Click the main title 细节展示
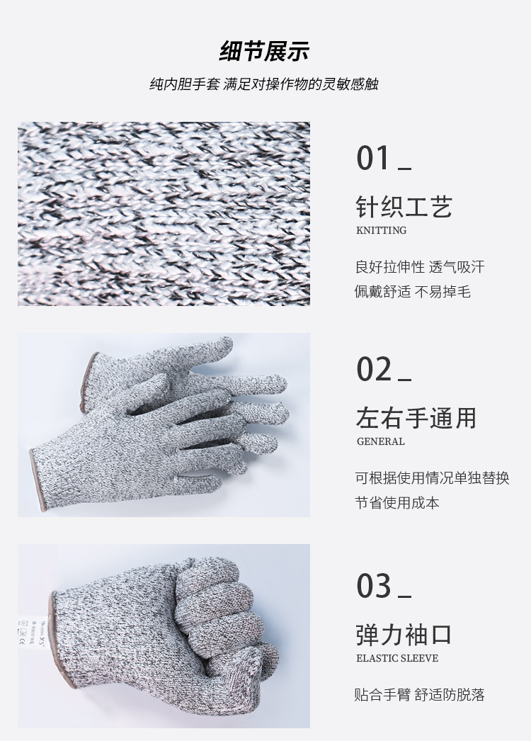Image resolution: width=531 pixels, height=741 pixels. [264, 52]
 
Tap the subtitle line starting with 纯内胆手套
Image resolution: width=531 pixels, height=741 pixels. [264, 84]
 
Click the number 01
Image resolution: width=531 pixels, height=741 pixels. [374, 158]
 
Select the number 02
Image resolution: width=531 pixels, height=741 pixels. [374, 369]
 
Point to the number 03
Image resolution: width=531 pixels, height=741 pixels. [374, 586]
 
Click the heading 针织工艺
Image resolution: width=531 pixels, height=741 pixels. [404, 207]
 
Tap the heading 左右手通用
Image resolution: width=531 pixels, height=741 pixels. [416, 418]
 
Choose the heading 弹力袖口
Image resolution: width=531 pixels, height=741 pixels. [404, 635]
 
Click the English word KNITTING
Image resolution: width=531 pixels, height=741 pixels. [381, 230]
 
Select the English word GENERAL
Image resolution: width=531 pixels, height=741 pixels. [380, 441]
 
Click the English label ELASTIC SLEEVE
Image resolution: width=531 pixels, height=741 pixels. [396, 658]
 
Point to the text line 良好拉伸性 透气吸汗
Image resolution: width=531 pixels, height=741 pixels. [420, 267]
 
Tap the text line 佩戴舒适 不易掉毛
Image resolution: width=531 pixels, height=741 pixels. [413, 291]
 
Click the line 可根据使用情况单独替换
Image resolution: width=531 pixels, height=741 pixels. [432, 478]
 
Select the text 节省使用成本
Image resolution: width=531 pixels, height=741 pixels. [397, 502]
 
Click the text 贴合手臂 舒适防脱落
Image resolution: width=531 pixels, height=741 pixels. [420, 695]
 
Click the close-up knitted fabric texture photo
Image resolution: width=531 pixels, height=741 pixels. [164, 214]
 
